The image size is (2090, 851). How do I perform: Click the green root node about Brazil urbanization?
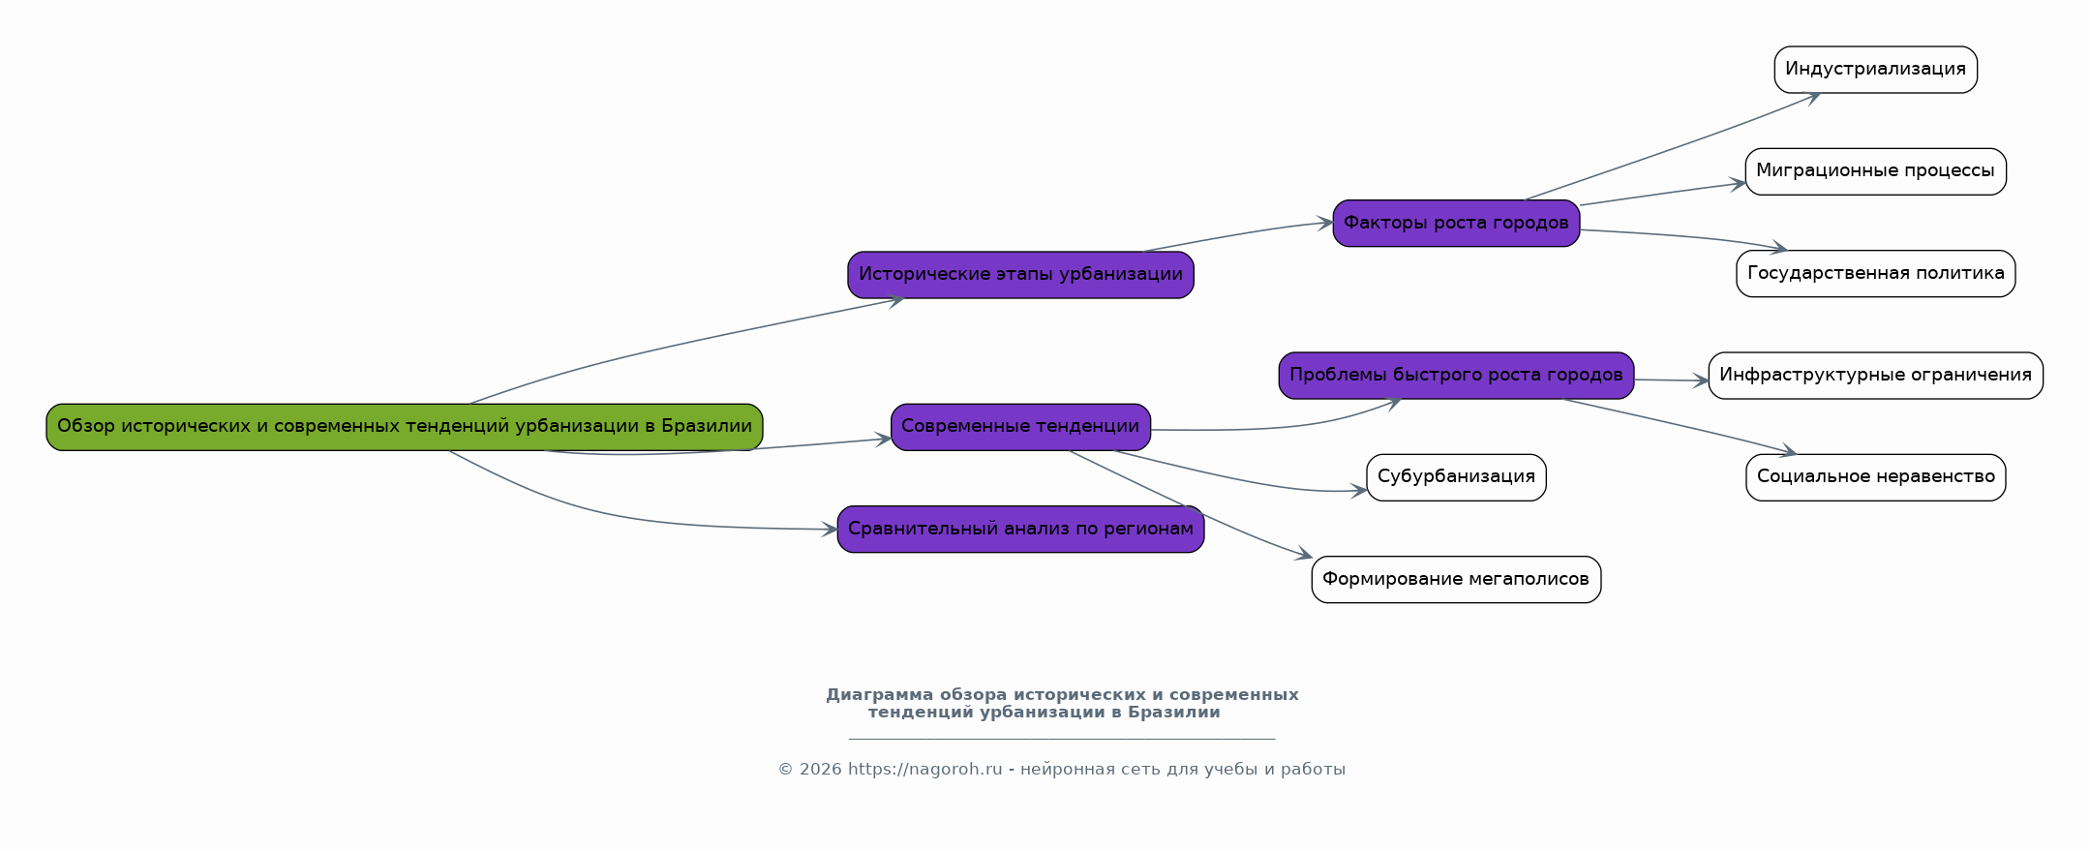[405, 427]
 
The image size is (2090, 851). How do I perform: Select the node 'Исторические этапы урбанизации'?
[1020, 275]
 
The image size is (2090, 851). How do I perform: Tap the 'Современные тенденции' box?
[1020, 427]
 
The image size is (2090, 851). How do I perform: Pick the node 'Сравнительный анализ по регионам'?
[1020, 530]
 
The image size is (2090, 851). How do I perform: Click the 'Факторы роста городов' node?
[1456, 224]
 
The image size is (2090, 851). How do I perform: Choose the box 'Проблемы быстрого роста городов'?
[1456, 376]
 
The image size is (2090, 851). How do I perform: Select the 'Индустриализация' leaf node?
[1875, 70]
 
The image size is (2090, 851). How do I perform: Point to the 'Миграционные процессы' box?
[1875, 171]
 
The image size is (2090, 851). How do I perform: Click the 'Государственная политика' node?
[1875, 274]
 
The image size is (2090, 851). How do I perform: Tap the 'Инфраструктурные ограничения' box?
[1875, 376]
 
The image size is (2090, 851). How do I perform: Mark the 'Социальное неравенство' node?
[1875, 477]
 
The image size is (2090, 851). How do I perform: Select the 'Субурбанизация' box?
[1456, 477]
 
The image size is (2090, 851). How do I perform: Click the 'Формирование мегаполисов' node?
[1456, 580]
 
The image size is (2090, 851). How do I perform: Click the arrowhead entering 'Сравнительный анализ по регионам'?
[831, 530]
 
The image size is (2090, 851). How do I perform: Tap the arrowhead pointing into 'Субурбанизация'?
[1360, 491]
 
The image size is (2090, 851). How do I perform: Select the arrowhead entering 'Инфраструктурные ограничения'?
[1702, 381]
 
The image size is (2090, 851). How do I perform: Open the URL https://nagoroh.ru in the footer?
[924, 770]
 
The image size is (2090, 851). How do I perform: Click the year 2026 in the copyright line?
[820, 770]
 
